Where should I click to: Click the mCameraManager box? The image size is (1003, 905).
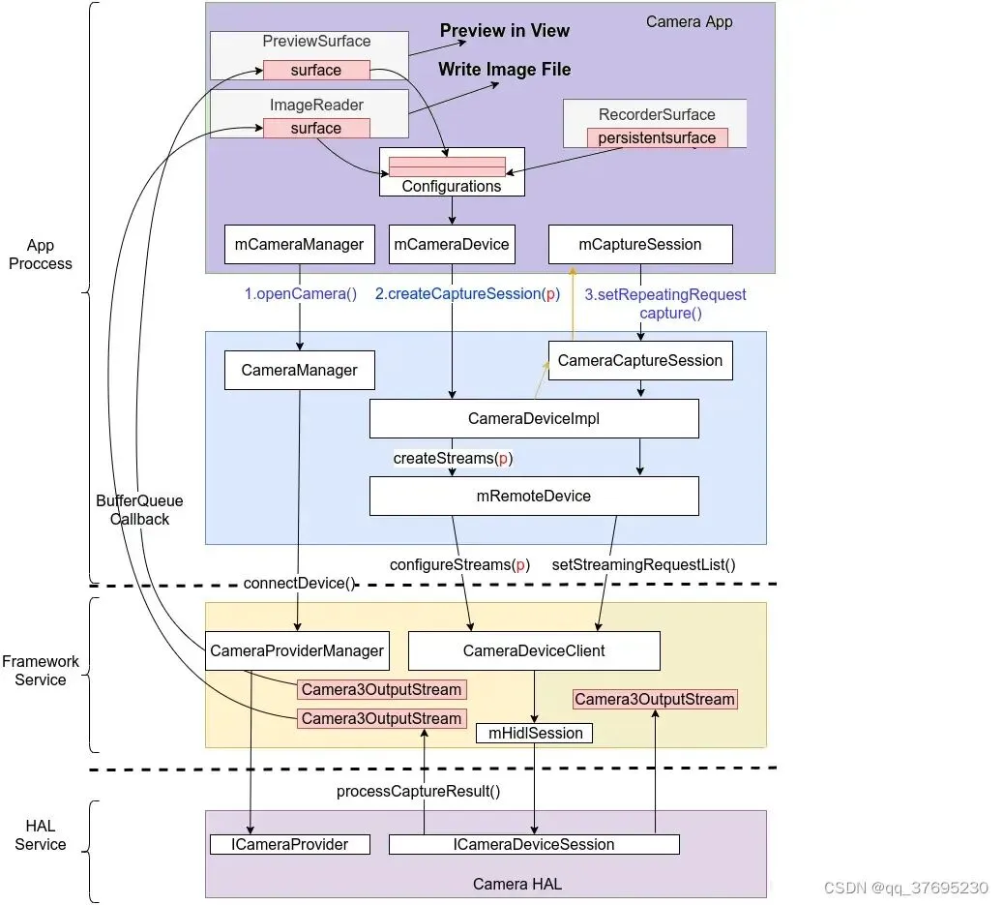[x=299, y=245]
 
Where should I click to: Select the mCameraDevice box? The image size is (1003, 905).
[x=451, y=245]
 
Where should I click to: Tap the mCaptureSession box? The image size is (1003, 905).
[x=639, y=245]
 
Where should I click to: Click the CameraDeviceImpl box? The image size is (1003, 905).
[x=533, y=419]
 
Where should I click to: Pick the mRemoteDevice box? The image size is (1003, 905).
[x=533, y=496]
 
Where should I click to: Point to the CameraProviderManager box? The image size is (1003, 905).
[x=297, y=651]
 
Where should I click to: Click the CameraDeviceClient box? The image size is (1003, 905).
[x=534, y=651]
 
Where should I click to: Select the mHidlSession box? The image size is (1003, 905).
[x=534, y=734]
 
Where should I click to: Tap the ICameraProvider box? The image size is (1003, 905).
[x=291, y=845]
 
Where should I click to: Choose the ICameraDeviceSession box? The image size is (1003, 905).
[x=534, y=845]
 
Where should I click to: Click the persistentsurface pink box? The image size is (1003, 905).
[x=657, y=137]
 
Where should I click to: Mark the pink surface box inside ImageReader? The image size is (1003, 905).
[x=316, y=128]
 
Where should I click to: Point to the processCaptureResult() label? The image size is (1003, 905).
[x=418, y=791]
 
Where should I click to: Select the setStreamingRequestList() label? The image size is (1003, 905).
[x=643, y=564]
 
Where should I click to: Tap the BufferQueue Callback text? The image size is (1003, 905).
[x=139, y=510]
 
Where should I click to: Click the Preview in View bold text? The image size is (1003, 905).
[x=505, y=31]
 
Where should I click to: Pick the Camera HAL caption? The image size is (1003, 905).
[x=516, y=884]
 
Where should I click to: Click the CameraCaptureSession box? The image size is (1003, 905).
[x=639, y=361]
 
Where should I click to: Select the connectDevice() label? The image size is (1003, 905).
[x=299, y=584]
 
